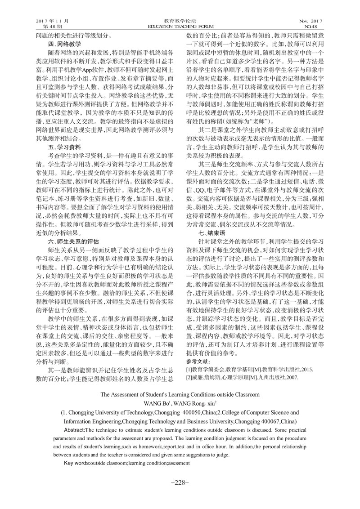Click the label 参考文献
coord(198,362)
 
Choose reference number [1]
coord(189,369)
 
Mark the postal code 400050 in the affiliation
coord(201,413)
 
